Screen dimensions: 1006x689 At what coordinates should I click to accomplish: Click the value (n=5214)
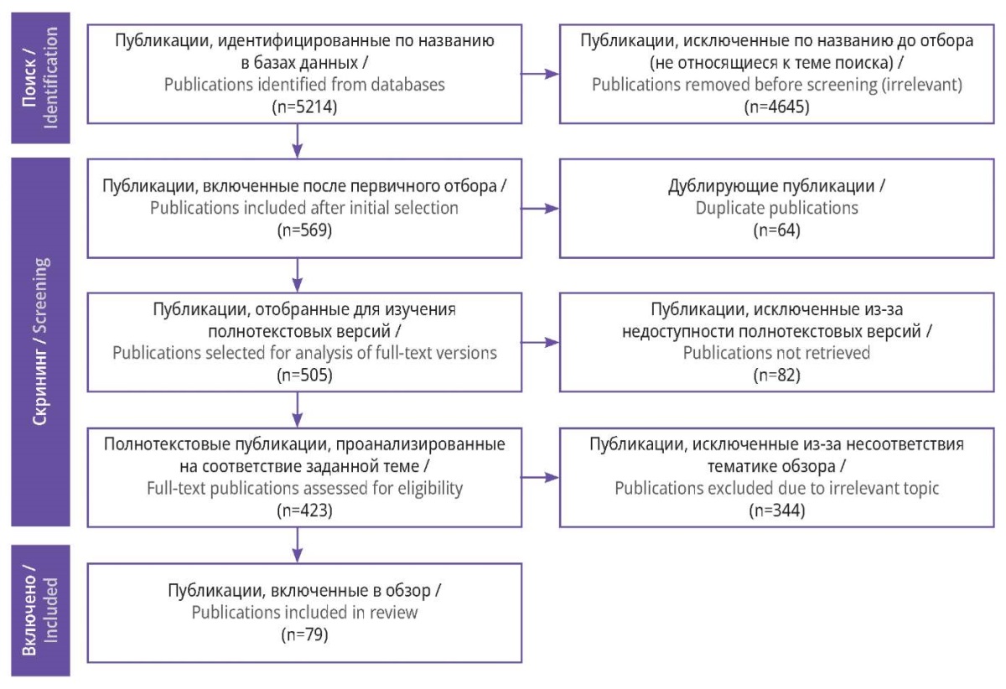click(304, 107)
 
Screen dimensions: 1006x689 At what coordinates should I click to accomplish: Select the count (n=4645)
click(776, 107)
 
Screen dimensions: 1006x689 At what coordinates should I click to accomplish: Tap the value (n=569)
click(304, 230)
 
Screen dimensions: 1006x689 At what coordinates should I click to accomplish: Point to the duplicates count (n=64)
click(776, 230)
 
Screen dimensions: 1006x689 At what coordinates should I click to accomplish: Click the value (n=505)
click(304, 375)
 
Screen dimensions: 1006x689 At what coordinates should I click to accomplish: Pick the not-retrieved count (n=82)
click(776, 375)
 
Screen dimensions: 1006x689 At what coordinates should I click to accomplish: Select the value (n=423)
click(304, 510)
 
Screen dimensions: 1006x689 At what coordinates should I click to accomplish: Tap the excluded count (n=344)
click(776, 510)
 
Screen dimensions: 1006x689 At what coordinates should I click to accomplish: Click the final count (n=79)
click(304, 635)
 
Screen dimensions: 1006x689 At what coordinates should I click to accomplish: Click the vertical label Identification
click(50, 78)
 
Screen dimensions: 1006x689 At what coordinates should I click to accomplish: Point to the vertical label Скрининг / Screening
click(40, 341)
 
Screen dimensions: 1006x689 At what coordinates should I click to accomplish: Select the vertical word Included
click(50, 610)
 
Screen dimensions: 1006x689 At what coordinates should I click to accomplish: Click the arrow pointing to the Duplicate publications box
click(540, 209)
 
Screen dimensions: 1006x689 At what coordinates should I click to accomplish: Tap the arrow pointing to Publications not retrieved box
click(540, 343)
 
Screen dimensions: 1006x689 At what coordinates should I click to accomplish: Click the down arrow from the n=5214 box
click(298, 141)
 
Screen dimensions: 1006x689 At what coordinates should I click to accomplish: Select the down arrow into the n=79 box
click(298, 545)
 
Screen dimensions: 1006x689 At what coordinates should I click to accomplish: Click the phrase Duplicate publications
click(776, 209)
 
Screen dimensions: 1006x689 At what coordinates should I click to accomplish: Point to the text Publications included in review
click(304, 613)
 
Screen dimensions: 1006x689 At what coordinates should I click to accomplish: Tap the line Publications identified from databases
click(304, 85)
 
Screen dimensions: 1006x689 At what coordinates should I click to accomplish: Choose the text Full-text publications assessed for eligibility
click(304, 489)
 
